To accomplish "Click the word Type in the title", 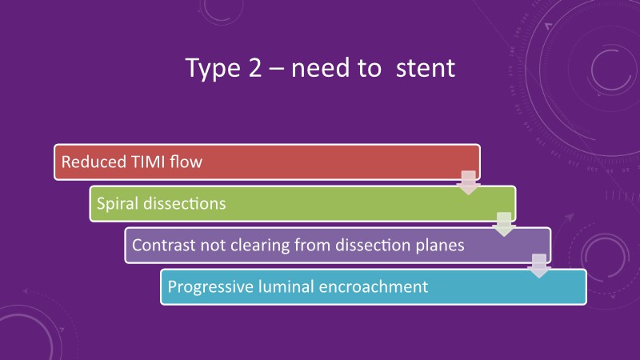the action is pos(213,69).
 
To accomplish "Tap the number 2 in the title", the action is pos(255,67).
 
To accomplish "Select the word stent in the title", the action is pos(426,68).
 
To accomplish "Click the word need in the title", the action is pos(321,67).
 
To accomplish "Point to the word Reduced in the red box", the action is pos(94,162).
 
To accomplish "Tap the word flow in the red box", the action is pos(186,162).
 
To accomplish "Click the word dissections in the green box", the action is pos(185,203).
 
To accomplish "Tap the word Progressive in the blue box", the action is pos(210,287).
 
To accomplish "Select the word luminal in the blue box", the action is pos(286,286).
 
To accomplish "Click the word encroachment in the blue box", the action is pos(374,286).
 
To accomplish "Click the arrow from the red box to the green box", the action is pos(468,183).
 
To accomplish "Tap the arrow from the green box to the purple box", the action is pos(504,225).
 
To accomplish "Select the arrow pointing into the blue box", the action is pos(538,266).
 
